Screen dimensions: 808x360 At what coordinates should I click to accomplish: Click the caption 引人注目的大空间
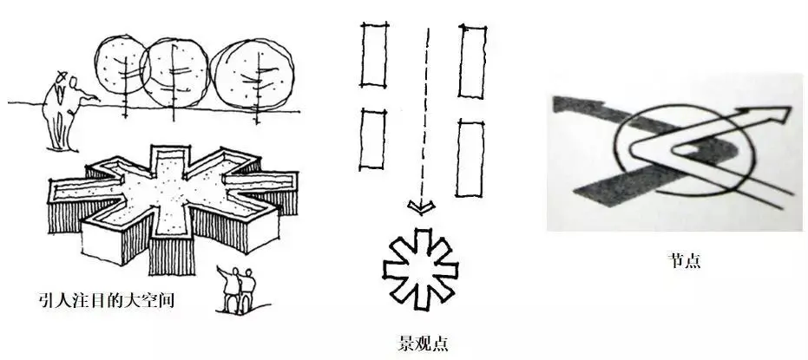[106, 300]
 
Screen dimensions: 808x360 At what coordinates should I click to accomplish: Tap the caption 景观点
[423, 342]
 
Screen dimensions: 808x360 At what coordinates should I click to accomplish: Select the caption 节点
[684, 260]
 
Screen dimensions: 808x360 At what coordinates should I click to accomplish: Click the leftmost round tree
[122, 65]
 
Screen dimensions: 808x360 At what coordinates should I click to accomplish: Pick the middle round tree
[174, 72]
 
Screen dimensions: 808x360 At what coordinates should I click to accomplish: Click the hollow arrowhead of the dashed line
[420, 206]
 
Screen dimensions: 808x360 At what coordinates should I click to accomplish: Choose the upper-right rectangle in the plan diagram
[472, 61]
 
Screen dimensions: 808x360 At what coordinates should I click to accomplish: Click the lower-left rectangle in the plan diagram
[372, 139]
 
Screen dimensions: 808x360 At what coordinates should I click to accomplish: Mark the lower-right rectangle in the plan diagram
[470, 158]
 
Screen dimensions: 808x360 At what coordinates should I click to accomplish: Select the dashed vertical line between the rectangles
[424, 114]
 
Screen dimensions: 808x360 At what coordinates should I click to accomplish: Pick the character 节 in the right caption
[676, 260]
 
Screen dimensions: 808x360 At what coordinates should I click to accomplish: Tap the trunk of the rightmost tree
[256, 90]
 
